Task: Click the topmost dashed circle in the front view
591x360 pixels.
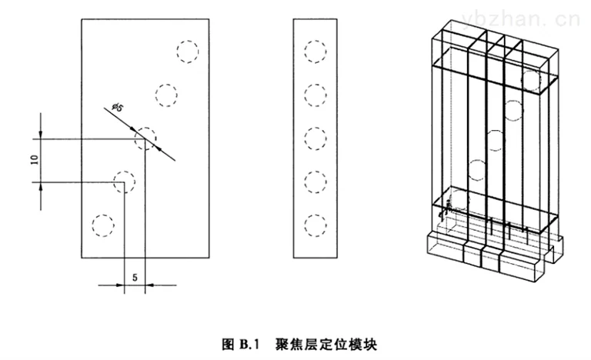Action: click(x=188, y=41)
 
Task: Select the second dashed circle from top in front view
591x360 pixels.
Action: click(x=166, y=85)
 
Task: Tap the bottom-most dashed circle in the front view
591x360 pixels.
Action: click(x=103, y=215)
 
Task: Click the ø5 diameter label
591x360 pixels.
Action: click(x=117, y=108)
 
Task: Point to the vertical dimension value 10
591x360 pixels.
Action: click(x=35, y=160)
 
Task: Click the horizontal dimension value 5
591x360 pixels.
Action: click(x=135, y=278)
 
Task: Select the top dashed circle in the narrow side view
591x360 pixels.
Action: click(x=316, y=41)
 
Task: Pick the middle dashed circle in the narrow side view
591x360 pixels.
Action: click(x=316, y=128)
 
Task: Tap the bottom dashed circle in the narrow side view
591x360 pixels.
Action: click(x=316, y=215)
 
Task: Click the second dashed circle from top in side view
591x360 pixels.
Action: click(x=316, y=85)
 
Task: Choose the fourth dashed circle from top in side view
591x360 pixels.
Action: click(x=316, y=172)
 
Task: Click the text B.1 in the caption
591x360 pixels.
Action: click(x=249, y=344)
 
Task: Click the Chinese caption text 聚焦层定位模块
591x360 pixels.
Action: click(x=326, y=344)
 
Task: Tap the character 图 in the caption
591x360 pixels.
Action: click(x=229, y=344)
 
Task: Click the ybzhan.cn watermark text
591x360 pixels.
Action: click(x=520, y=19)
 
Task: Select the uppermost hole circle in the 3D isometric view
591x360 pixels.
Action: click(x=531, y=71)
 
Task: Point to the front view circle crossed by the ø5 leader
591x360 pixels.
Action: click(x=145, y=128)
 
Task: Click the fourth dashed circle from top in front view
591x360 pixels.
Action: click(x=124, y=172)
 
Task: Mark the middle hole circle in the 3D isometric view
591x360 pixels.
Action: click(x=495, y=131)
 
